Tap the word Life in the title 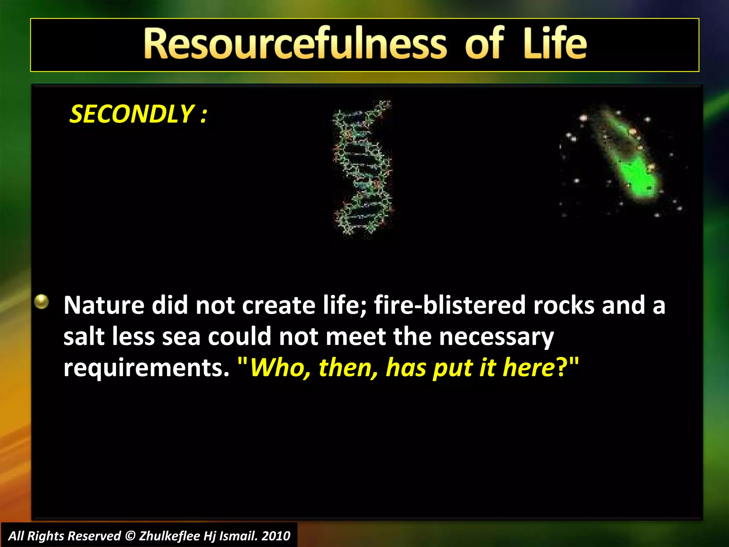point(555,44)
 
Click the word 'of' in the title point(484,44)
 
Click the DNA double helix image point(362,167)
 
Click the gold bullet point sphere point(42,302)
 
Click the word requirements point(146,368)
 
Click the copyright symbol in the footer point(130,536)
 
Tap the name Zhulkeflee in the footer point(169,536)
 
